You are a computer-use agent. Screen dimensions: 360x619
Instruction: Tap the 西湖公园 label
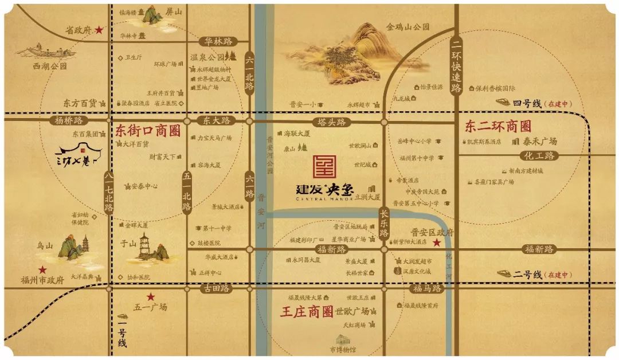pos(50,66)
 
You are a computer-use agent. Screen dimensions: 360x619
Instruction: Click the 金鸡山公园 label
pos(408,27)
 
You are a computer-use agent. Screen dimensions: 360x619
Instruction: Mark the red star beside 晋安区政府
pos(437,243)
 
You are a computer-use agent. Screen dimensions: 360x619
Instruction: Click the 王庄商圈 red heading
pos(307,312)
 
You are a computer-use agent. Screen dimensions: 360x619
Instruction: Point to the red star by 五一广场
pos(151,297)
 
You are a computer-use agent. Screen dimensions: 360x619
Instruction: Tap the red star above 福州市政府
pos(42,269)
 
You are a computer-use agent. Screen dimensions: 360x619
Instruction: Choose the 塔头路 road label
pos(333,122)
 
